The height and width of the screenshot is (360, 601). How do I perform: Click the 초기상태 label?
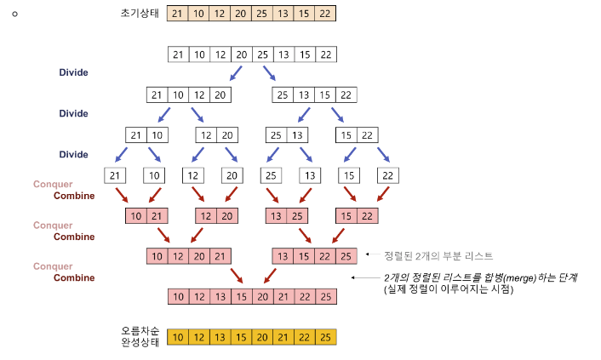[140, 14]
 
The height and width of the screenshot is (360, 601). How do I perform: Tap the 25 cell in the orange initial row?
[262, 14]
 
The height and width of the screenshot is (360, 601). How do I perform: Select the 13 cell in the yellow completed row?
[220, 337]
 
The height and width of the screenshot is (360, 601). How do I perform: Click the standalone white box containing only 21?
[115, 175]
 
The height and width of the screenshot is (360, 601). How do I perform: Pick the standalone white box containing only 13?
[310, 175]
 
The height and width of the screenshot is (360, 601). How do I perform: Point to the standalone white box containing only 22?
[388, 175]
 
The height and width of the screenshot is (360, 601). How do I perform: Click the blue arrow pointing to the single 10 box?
[154, 155]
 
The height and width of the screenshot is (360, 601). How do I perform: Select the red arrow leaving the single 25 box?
[272, 195]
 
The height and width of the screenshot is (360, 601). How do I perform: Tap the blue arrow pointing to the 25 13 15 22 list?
[270, 73]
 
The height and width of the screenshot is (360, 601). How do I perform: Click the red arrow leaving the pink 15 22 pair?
[339, 236]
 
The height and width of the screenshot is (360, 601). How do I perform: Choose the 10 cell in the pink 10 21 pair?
[136, 216]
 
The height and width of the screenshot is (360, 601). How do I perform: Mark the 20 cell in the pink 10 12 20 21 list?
[199, 256]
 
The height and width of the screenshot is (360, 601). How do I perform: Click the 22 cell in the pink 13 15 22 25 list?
[325, 256]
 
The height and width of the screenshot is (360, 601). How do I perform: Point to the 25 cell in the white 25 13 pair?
[276, 135]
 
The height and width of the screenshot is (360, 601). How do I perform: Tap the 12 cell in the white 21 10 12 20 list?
[199, 94]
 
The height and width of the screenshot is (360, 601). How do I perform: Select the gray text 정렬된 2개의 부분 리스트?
[438, 255]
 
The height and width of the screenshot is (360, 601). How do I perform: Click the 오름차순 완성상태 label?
[140, 336]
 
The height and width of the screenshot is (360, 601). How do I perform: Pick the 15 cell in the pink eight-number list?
[242, 296]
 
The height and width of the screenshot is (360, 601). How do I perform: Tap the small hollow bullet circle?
[15, 14]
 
